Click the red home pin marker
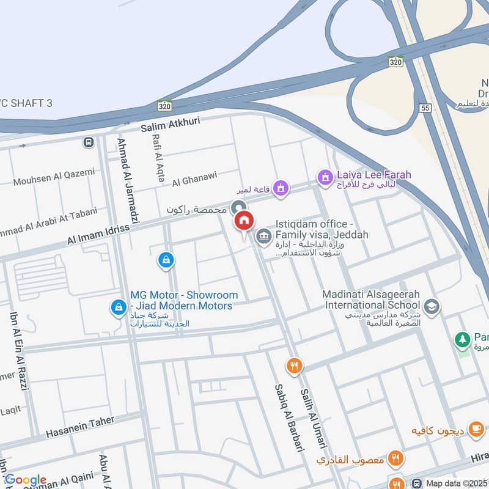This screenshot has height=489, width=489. (x=244, y=221)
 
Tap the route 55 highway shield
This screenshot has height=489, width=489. (x=425, y=108)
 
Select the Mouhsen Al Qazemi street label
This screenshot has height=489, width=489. (x=54, y=177)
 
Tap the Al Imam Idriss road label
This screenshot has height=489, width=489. (x=98, y=235)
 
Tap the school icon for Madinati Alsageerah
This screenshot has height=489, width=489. (x=432, y=307)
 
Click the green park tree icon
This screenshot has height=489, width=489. (x=463, y=338)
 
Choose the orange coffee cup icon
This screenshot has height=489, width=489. (x=475, y=428)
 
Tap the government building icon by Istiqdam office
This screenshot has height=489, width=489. (x=263, y=235)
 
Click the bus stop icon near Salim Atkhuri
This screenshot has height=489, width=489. (x=89, y=142)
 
